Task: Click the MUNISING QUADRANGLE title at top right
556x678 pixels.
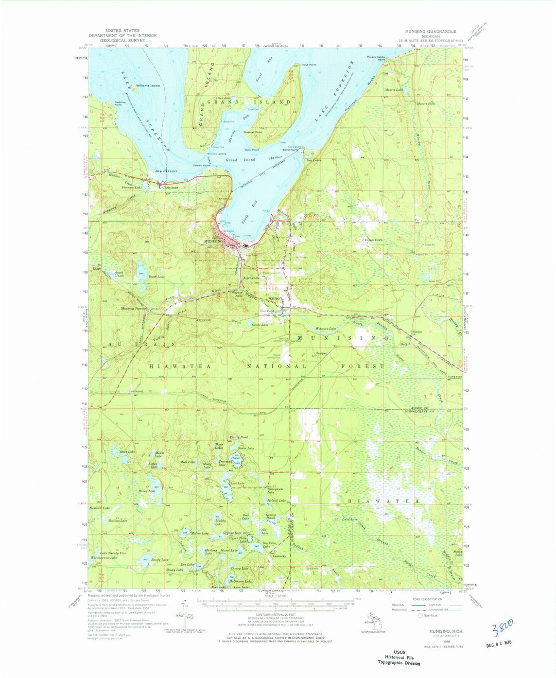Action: pos(427,31)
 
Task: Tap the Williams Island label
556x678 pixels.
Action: pos(147,85)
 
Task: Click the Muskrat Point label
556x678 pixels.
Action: pos(252,132)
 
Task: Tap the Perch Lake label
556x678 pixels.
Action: pos(157,277)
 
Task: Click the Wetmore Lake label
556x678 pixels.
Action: pos(325,328)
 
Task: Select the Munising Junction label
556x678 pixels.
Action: pos(134,308)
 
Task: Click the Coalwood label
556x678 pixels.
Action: pos(135,392)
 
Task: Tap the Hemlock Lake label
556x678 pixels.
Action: pos(99,508)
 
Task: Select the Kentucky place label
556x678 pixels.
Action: pos(279,556)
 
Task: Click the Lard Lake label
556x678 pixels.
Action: pos(350,519)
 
